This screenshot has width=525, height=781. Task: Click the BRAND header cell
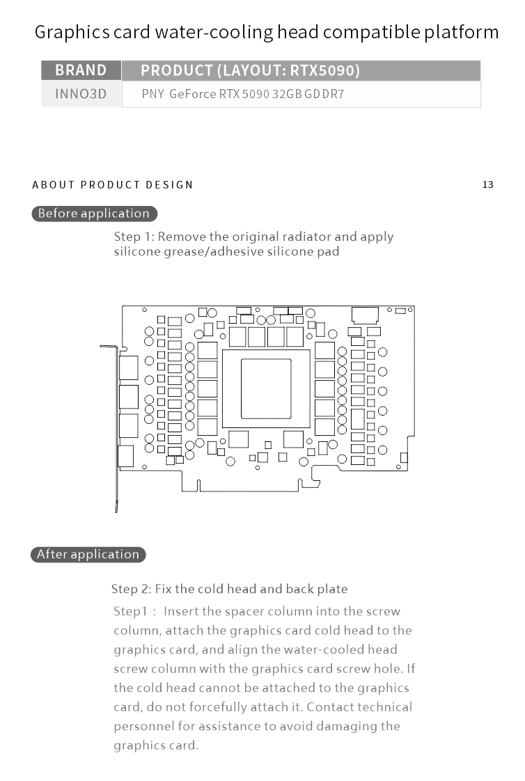(81, 70)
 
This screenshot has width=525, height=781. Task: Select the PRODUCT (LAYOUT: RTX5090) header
(250, 70)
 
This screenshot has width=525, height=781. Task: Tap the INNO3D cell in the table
(81, 93)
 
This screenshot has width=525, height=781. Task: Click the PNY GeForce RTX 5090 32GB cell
(242, 94)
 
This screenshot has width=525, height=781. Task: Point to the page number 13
(487, 184)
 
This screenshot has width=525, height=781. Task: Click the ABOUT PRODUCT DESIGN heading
(113, 184)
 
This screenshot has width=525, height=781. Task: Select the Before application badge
(94, 214)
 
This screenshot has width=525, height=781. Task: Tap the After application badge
(88, 555)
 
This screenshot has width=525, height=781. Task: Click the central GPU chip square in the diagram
(266, 388)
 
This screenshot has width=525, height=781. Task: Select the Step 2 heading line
(229, 589)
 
